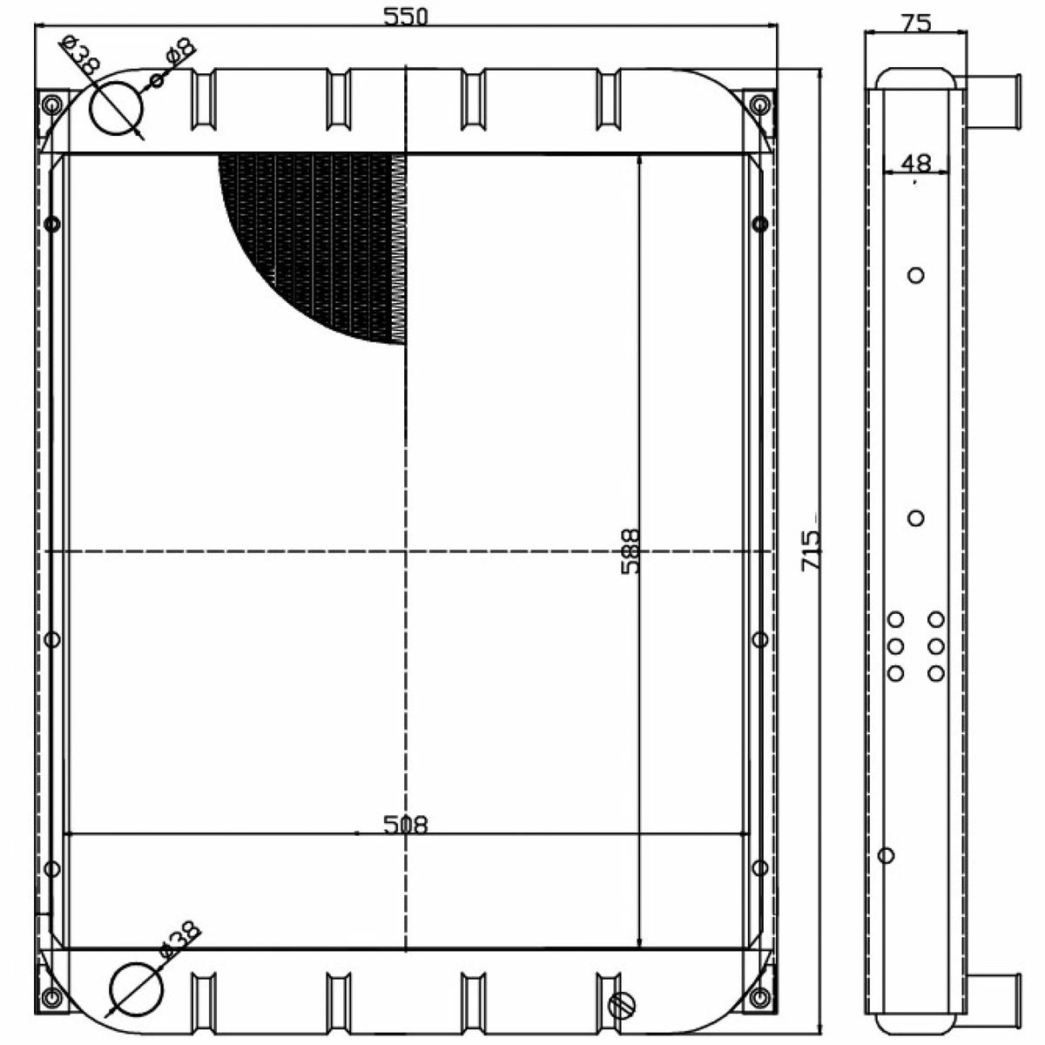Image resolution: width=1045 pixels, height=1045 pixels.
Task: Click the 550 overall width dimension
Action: click(405, 17)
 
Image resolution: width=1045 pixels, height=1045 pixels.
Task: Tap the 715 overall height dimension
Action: click(812, 549)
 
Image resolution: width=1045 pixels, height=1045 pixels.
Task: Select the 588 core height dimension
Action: click(630, 552)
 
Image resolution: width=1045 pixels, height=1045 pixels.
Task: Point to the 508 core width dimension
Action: click(405, 825)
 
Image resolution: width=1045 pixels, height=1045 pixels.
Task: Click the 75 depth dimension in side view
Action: click(916, 23)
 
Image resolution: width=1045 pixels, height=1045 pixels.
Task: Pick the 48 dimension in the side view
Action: click(916, 163)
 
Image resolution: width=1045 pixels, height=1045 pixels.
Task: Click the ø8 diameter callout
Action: click(180, 52)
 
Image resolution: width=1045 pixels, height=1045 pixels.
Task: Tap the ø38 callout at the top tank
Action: click(81, 55)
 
